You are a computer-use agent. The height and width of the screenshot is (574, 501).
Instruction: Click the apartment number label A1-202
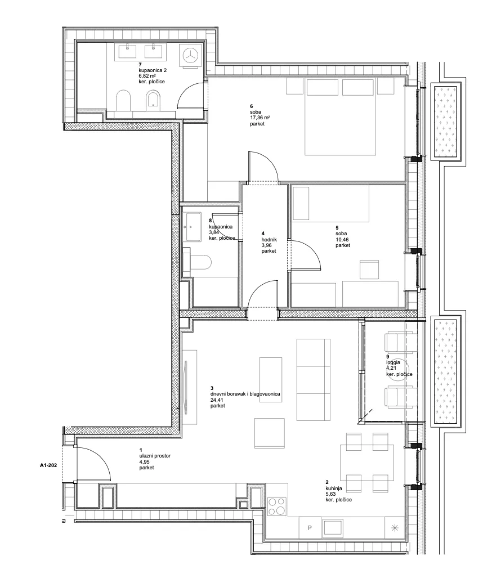pos(48,465)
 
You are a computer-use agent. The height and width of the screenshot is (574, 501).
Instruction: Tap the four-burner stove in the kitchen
pos(277,506)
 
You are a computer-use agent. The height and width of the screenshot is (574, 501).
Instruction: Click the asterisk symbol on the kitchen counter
pos(395,527)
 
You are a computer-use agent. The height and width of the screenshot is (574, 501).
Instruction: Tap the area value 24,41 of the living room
pos(217,400)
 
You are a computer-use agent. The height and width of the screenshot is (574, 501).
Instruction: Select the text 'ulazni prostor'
pos(155,456)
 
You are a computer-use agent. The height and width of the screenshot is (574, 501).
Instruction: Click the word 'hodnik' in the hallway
pos(269,239)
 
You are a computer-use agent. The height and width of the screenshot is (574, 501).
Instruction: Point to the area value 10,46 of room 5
pos(342,240)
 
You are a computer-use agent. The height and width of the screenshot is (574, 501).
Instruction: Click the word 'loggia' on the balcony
pos(393,362)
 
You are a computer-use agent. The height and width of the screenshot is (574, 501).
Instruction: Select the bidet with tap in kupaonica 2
pos(153,100)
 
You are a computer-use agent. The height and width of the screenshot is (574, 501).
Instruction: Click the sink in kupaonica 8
pos(193,227)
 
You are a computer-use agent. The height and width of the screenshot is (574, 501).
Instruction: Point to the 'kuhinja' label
pos(334,488)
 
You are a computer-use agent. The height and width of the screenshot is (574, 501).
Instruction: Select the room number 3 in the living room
pos(212,388)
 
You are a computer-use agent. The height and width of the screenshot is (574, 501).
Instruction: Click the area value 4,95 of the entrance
pos(144,462)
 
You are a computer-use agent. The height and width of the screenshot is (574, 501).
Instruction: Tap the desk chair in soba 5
pos(369,270)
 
